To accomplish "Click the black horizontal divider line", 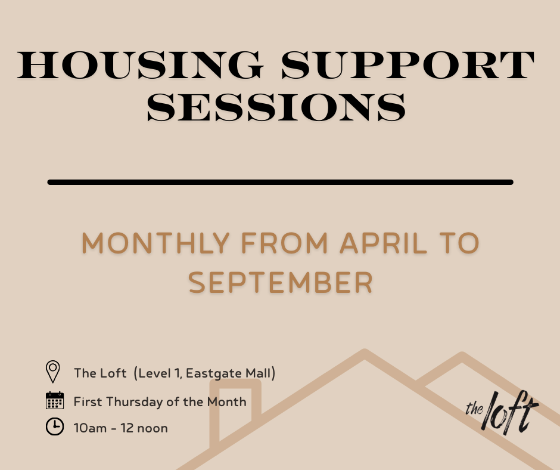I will [x=280, y=182].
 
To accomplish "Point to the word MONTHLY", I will [x=155, y=243].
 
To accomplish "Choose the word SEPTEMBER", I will [x=281, y=283].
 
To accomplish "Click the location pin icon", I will [x=53, y=372].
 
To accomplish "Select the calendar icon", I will [x=54, y=400].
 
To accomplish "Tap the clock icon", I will [x=54, y=427].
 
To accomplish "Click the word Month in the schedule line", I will [x=226, y=401].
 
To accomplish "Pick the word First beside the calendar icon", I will [x=88, y=401].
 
